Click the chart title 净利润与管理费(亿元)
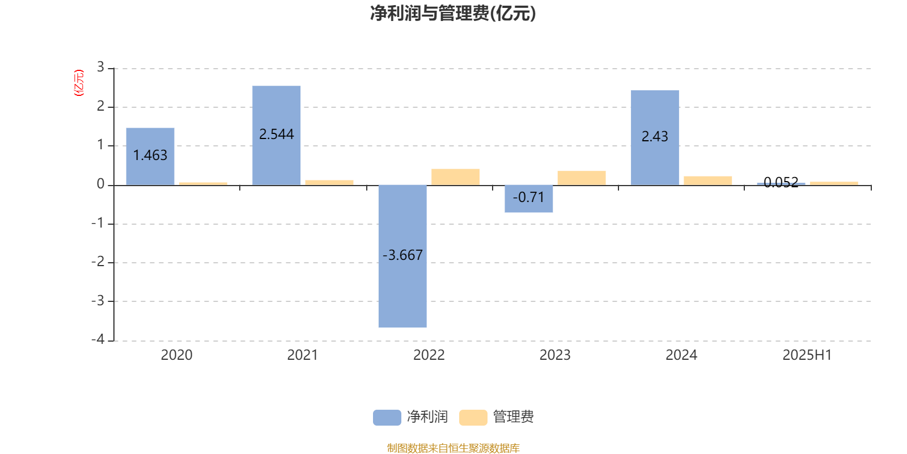tap(453, 14)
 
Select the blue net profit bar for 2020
tap(150, 157)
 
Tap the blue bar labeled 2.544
tap(277, 136)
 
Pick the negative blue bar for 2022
tap(402, 256)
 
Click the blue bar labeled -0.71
tap(529, 199)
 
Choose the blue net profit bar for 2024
tap(655, 138)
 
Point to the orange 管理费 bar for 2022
tap(456, 177)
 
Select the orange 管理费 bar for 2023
tap(582, 178)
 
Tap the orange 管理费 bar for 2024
tap(708, 181)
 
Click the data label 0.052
tap(781, 182)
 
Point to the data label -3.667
tap(402, 255)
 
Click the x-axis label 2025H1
tap(807, 355)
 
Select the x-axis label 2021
tap(303, 355)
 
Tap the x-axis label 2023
tap(555, 355)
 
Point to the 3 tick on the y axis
tap(100, 67)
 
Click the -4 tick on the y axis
tap(98, 339)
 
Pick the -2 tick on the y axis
tap(98, 262)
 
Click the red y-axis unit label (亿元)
tap(79, 83)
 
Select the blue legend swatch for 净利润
tap(387, 418)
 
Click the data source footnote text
tap(453, 448)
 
